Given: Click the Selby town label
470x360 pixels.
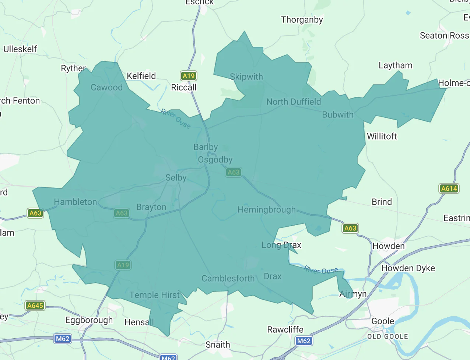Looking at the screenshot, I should coord(176,178).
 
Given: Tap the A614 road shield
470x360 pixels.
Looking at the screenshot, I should coord(449,188).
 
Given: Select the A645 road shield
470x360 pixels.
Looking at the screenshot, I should coord(35,306).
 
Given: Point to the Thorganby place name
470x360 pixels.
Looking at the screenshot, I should coord(302,20).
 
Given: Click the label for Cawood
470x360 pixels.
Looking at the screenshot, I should coord(106,88).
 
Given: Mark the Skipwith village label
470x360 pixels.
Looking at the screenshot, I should coord(246,77).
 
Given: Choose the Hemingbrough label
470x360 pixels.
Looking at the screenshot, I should coord(266,210).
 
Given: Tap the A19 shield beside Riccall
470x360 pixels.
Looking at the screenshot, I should coord(189,76).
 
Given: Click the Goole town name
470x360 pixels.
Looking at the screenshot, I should coord(382,321).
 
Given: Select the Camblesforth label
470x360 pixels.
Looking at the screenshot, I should coord(228,279).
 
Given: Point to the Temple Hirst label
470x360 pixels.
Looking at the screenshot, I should coord(155,295).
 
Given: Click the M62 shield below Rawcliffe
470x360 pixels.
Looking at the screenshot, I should coord(304,341).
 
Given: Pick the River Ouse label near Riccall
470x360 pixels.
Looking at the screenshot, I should coord(176,119).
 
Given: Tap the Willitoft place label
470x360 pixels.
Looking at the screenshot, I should coord(382,137).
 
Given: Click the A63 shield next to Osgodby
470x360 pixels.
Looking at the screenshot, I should coord(234,172).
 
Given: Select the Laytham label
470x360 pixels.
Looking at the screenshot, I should coord(396,66).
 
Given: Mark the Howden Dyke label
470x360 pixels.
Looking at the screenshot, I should coord(408,268).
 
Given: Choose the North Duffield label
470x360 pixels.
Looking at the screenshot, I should coord(294,102).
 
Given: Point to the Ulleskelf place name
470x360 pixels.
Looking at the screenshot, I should coord(20,49).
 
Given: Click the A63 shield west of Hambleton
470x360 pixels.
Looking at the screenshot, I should coord(35,213).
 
